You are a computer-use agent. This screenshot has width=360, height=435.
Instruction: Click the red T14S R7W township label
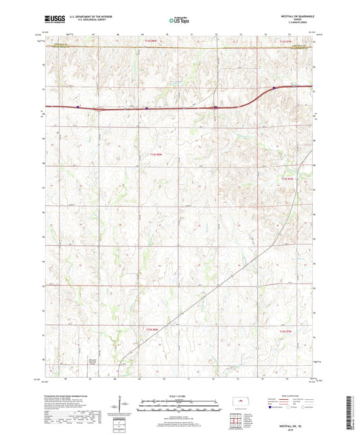[x=286, y=178]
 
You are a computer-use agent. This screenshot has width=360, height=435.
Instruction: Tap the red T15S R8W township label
[x=153, y=329]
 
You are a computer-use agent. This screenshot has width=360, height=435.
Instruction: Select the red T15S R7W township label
[x=286, y=331]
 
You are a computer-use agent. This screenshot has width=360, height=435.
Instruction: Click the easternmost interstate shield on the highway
[x=274, y=87]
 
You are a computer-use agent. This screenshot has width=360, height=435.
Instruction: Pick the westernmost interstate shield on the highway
[x=78, y=106]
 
